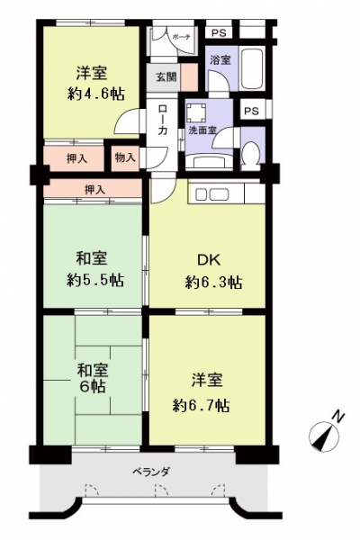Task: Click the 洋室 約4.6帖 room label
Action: click(x=95, y=84)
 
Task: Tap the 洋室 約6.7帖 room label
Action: click(x=202, y=391)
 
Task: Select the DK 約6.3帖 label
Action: click(x=213, y=272)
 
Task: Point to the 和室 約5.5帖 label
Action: click(x=95, y=269)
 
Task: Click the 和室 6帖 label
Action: click(x=93, y=379)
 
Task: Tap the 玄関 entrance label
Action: click(x=166, y=76)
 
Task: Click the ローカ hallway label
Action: click(x=163, y=119)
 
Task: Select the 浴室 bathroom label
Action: click(x=220, y=60)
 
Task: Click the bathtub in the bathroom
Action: click(x=252, y=70)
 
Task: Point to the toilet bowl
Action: click(x=251, y=154)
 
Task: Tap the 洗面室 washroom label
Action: click(x=202, y=130)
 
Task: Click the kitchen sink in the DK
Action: click(x=212, y=194)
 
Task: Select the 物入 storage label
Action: click(x=125, y=158)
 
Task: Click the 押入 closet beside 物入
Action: click(x=76, y=158)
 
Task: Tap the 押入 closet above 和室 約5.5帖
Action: click(x=94, y=189)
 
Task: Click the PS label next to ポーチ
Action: click(x=219, y=33)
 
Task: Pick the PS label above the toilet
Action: click(x=251, y=111)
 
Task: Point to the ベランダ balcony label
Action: click(x=151, y=471)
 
